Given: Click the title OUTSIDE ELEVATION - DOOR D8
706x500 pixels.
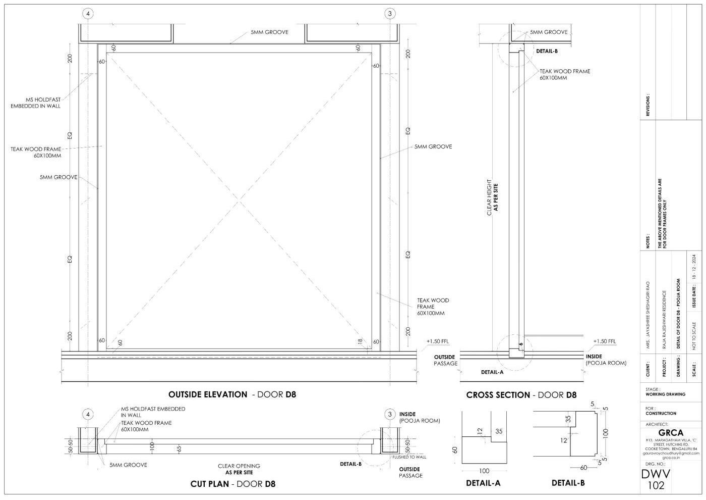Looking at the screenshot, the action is [232, 394].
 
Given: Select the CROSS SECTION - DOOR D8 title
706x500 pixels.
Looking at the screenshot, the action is [521, 395].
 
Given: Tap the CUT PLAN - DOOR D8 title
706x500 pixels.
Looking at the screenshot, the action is [233, 484].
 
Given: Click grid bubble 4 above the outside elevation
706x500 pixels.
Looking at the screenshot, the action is [88, 14].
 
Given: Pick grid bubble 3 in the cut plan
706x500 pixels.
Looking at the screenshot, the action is [390, 415].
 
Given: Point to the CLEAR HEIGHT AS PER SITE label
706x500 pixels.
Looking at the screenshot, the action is [492, 197].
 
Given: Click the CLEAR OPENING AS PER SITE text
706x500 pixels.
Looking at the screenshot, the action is [239, 469].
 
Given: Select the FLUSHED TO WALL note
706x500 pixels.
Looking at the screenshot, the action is [409, 457].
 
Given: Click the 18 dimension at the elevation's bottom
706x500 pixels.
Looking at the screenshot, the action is [360, 342].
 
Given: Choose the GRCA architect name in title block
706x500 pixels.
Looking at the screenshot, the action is [671, 433].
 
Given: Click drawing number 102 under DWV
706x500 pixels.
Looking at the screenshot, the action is [656, 486].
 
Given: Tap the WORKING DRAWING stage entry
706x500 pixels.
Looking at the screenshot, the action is [665, 394].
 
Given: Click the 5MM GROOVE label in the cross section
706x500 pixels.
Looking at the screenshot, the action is [548, 32].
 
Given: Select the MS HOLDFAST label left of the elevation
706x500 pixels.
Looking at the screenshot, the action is [36, 103].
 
